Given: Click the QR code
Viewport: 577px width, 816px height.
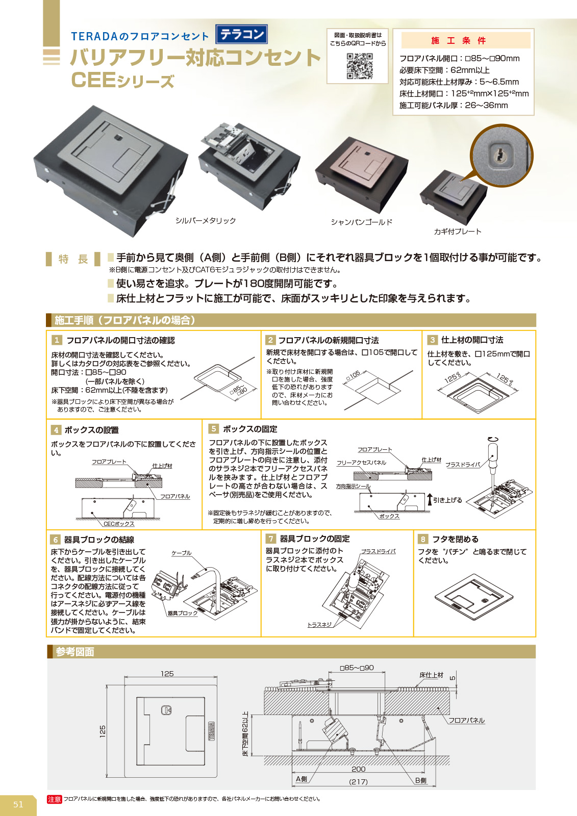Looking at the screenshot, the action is click(x=359, y=66).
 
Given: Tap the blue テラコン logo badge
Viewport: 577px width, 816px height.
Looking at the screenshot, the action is click(x=242, y=34).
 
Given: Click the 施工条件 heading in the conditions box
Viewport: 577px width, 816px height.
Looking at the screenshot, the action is click(x=458, y=40).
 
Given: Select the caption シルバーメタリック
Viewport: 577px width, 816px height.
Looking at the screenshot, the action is click(x=206, y=220).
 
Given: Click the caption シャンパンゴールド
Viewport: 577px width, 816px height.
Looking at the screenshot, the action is click(x=361, y=222).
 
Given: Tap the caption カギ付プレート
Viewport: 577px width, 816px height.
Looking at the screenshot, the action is click(x=458, y=232).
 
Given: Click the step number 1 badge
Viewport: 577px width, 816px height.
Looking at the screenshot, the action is click(x=57, y=340).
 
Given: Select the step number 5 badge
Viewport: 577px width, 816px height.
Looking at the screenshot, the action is click(x=213, y=428).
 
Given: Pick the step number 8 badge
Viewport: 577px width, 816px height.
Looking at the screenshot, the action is click(x=423, y=539).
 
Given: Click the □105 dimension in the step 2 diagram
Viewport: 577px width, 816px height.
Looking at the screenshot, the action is click(x=353, y=375).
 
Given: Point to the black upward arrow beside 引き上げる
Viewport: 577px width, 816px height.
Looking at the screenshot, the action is click(x=430, y=499).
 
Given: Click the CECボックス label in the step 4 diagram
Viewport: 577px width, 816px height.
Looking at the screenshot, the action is click(x=119, y=524).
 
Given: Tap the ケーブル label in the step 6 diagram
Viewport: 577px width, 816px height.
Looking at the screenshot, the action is click(x=181, y=553).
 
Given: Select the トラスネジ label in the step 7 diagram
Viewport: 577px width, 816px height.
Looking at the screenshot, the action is click(x=319, y=625).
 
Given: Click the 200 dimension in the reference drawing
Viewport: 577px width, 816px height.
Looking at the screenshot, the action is click(x=358, y=769).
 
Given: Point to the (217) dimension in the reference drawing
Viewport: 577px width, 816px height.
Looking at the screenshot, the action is click(x=358, y=782).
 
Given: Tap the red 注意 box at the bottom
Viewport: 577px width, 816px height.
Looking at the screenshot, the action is click(x=54, y=799).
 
